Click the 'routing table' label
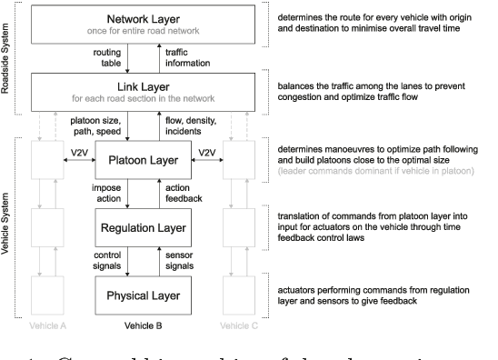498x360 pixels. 105,58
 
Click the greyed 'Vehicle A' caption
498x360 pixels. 49,325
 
